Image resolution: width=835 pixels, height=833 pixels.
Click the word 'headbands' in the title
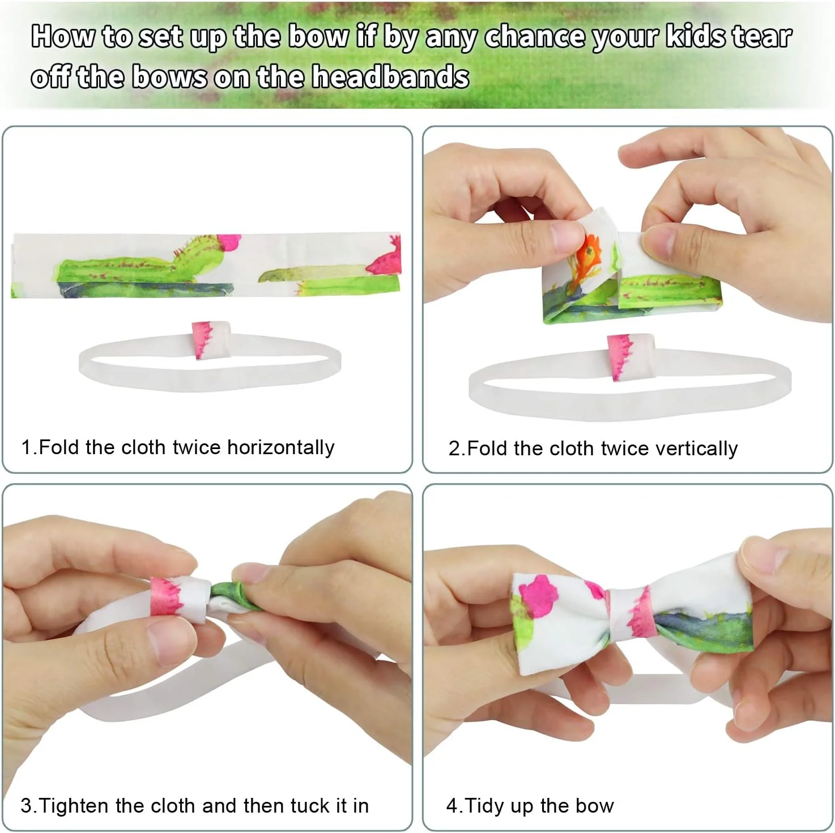pyautogui.click(x=390, y=76)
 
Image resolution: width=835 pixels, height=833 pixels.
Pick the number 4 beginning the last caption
pyautogui.click(x=452, y=806)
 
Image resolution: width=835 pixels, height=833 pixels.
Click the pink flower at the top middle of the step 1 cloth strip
pyautogui.click(x=228, y=241)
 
